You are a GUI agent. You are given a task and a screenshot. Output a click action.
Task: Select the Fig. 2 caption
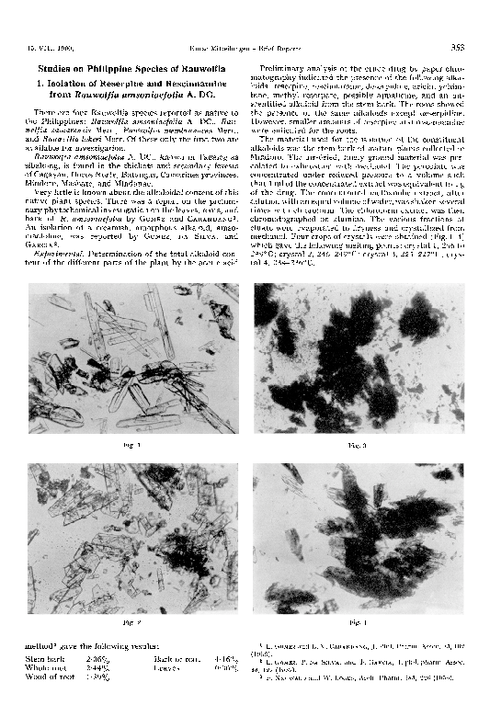click(x=132, y=624)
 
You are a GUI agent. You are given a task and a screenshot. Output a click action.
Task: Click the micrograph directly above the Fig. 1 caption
click(x=132, y=359)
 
